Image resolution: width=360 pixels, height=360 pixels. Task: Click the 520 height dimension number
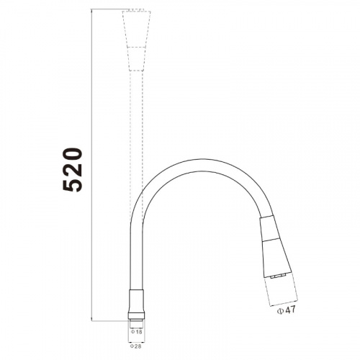[x=73, y=170]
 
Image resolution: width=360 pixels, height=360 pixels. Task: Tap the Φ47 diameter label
[x=287, y=310]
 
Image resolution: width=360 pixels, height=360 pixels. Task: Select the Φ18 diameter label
[x=137, y=332]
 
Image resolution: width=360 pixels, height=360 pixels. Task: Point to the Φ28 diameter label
[x=136, y=346]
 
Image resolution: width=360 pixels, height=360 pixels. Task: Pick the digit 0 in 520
[x=73, y=154]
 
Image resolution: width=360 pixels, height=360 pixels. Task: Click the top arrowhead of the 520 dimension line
[x=92, y=11]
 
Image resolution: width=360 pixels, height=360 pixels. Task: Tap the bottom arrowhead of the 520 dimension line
[x=92, y=318]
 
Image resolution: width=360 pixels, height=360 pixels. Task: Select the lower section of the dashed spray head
[x=136, y=59]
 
